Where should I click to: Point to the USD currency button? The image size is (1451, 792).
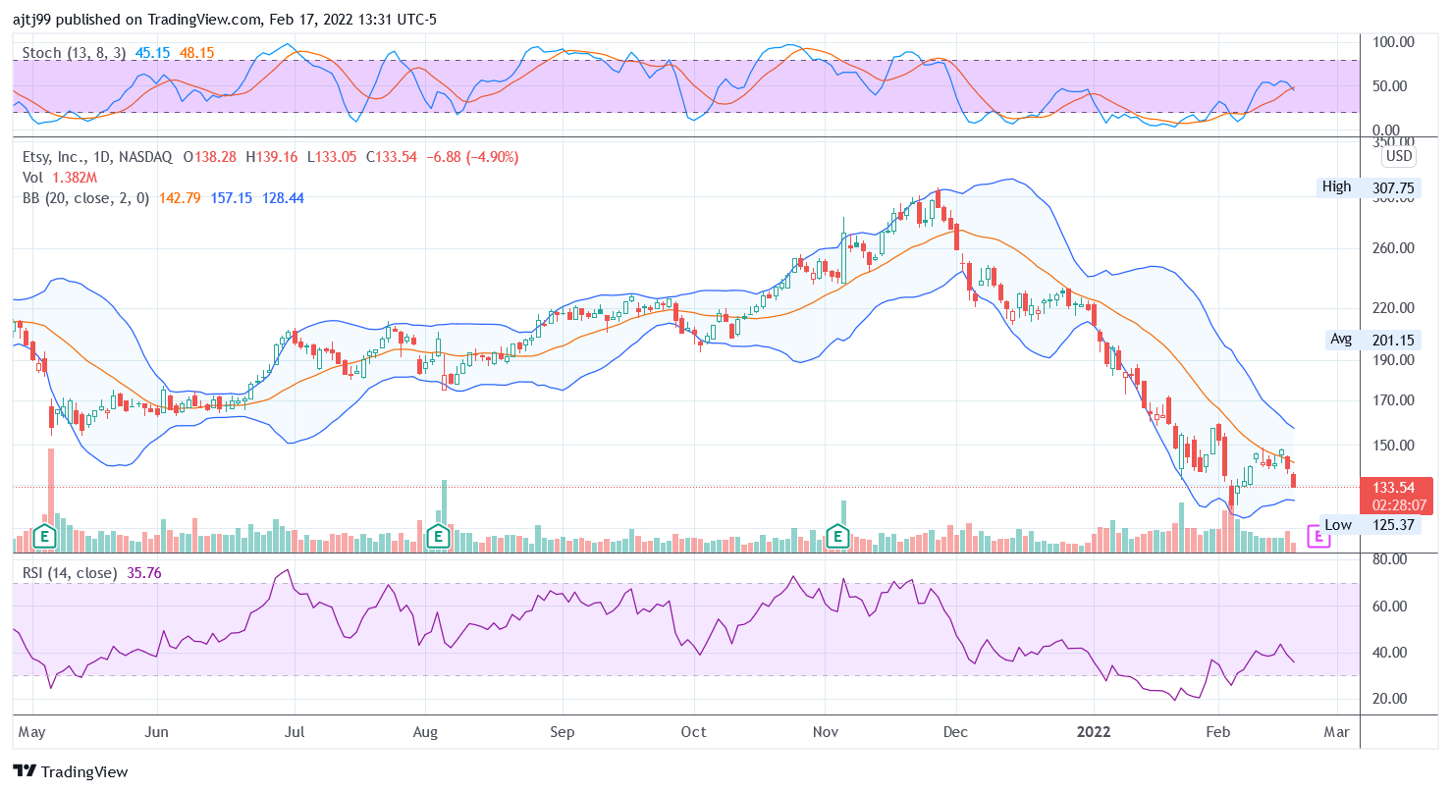(x=1398, y=156)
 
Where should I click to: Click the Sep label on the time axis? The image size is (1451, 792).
(x=562, y=731)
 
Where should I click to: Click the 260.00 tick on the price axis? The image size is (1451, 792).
(x=1393, y=247)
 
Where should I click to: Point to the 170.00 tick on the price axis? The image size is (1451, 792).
(x=1393, y=400)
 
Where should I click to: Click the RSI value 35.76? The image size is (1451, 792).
(x=144, y=572)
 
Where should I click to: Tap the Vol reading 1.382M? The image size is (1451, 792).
(x=74, y=177)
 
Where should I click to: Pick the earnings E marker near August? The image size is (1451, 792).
(x=439, y=536)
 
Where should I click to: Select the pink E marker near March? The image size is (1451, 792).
(x=1318, y=536)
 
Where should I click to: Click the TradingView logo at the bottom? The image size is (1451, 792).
(x=71, y=771)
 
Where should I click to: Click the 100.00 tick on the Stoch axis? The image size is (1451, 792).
(x=1393, y=42)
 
